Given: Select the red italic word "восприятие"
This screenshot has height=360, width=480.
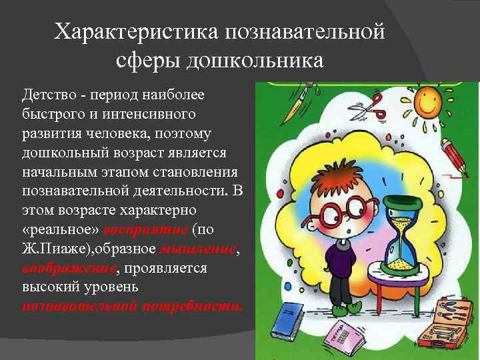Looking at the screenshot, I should tap(146, 229).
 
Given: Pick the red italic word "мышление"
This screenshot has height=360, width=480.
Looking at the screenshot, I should tap(198, 249).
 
